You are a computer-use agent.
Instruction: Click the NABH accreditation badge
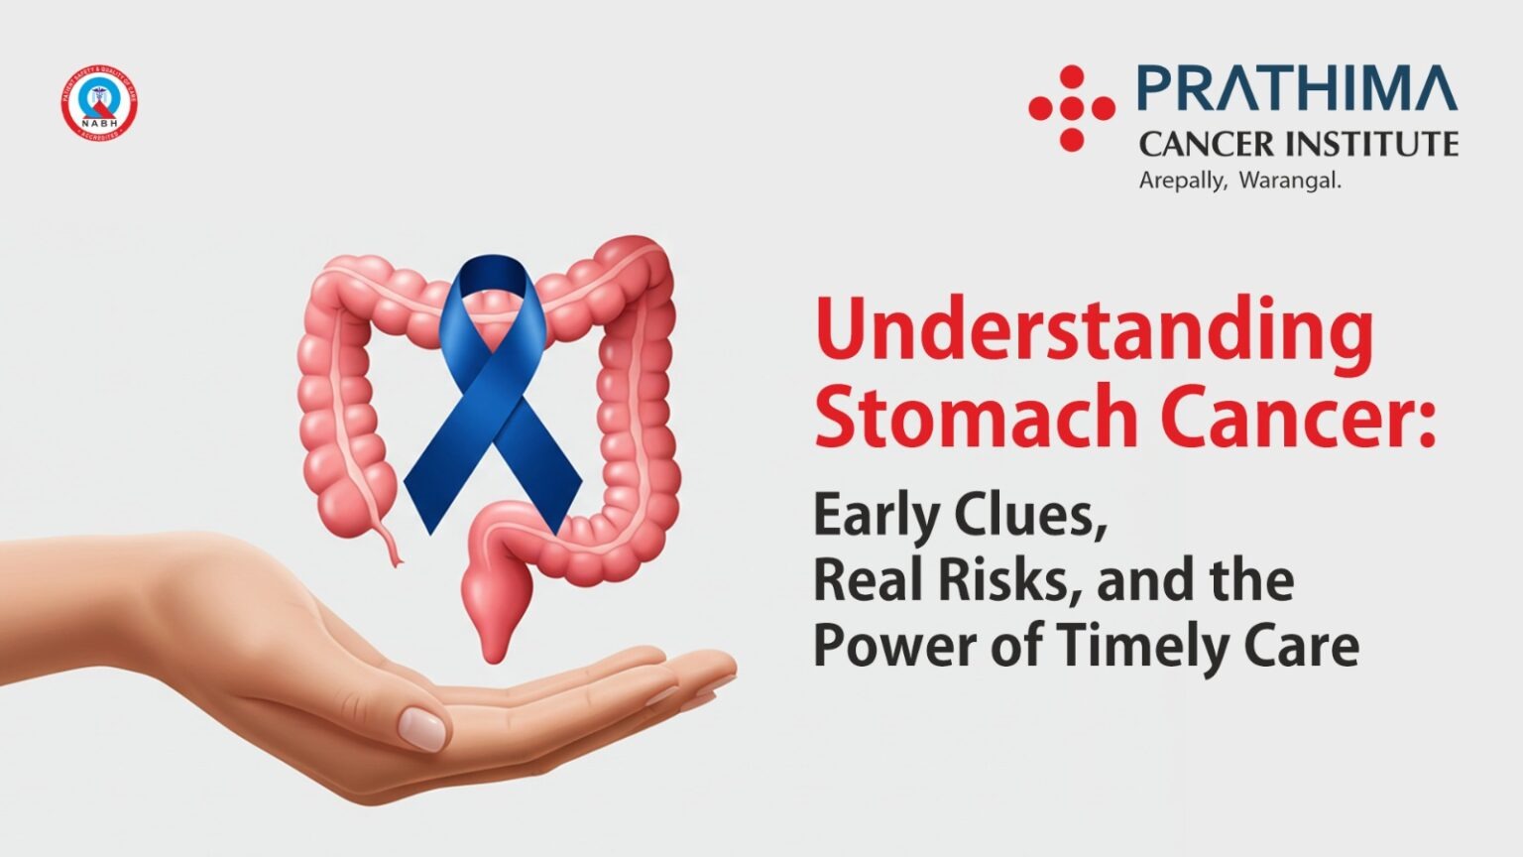click(x=98, y=103)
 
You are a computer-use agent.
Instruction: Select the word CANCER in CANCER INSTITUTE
click(x=1205, y=145)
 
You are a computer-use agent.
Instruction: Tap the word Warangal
click(x=1290, y=182)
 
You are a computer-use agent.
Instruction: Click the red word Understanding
click(x=1094, y=332)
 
